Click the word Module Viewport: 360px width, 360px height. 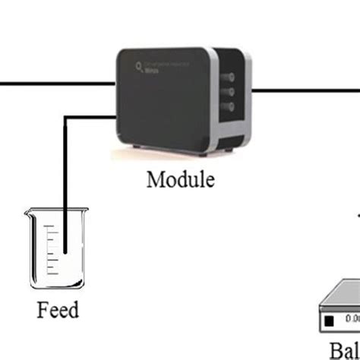pyautogui.click(x=180, y=180)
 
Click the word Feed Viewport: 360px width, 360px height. pyautogui.click(x=58, y=311)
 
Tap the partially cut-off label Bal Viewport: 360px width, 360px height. pyautogui.click(x=344, y=352)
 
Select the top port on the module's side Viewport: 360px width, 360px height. pyautogui.click(x=229, y=77)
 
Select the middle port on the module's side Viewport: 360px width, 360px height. pyautogui.click(x=229, y=92)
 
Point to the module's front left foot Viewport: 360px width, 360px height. pyautogui.click(x=137, y=146)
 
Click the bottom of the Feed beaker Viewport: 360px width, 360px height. pyautogui.click(x=55, y=287)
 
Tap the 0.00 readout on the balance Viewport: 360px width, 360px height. pyautogui.click(x=351, y=321)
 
